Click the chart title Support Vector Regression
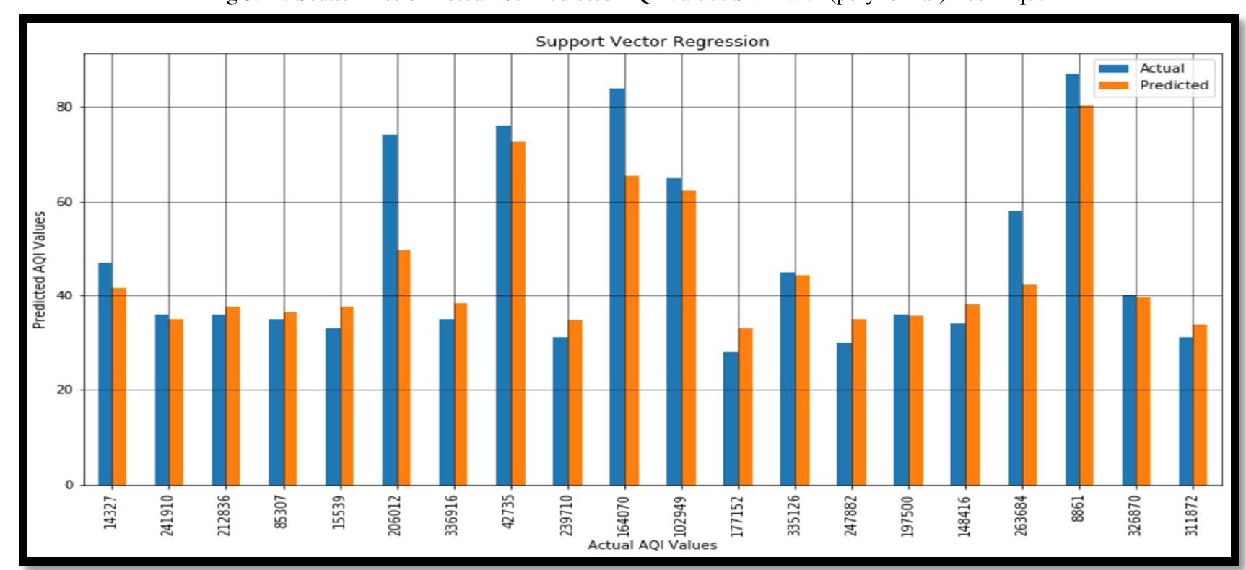652,42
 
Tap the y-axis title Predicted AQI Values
40,270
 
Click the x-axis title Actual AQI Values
652,545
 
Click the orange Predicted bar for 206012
404,367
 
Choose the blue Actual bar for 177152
731,418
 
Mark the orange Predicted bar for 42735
518,313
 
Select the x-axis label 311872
1192,515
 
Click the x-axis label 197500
907,516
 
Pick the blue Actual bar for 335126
788,379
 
